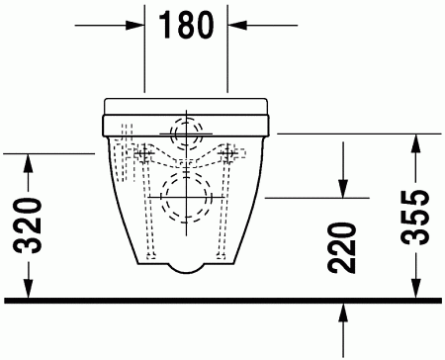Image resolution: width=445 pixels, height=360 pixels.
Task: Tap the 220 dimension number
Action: click(x=343, y=248)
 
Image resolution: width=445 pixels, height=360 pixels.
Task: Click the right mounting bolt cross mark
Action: click(x=228, y=153)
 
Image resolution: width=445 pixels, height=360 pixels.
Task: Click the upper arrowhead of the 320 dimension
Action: click(x=30, y=160)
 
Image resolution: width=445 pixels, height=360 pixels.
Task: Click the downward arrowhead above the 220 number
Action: click(x=342, y=190)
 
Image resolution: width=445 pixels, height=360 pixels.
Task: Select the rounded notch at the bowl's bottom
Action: click(x=186, y=266)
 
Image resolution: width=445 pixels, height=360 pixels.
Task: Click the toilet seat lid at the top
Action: click(x=186, y=104)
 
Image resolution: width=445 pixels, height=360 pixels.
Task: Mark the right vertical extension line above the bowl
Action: click(x=228, y=59)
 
